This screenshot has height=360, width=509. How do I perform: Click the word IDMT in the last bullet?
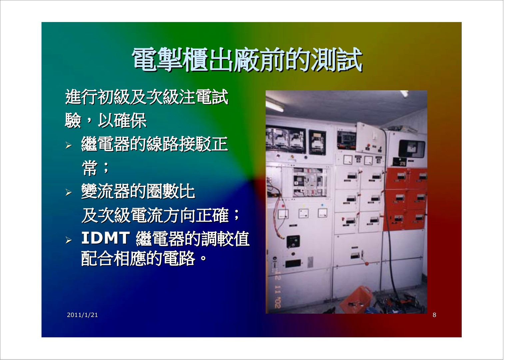106,238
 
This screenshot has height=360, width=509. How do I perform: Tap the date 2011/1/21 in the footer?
82,315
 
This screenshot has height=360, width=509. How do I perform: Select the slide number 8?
434,315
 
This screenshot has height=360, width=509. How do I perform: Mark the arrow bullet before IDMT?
68,240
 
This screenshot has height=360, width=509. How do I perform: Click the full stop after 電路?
203,258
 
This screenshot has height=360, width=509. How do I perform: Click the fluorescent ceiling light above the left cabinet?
275,105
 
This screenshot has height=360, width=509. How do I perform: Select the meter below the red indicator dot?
283,214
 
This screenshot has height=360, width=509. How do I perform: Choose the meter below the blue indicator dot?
322,213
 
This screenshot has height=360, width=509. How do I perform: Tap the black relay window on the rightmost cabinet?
412,149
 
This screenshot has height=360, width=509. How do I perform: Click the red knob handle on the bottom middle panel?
366,264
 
